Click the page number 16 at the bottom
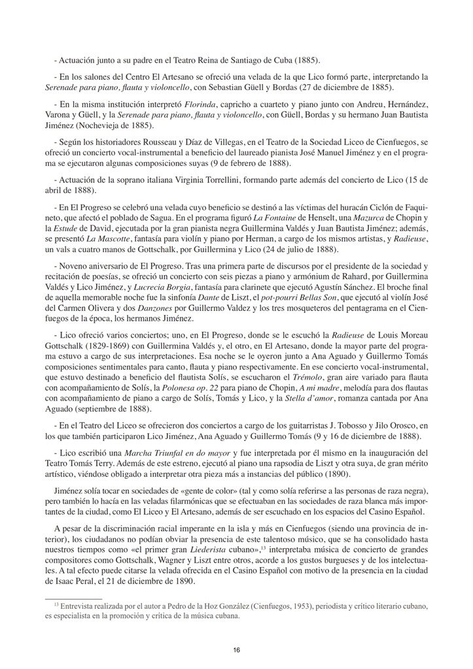pos(236,649)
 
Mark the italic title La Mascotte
pos(114,239)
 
